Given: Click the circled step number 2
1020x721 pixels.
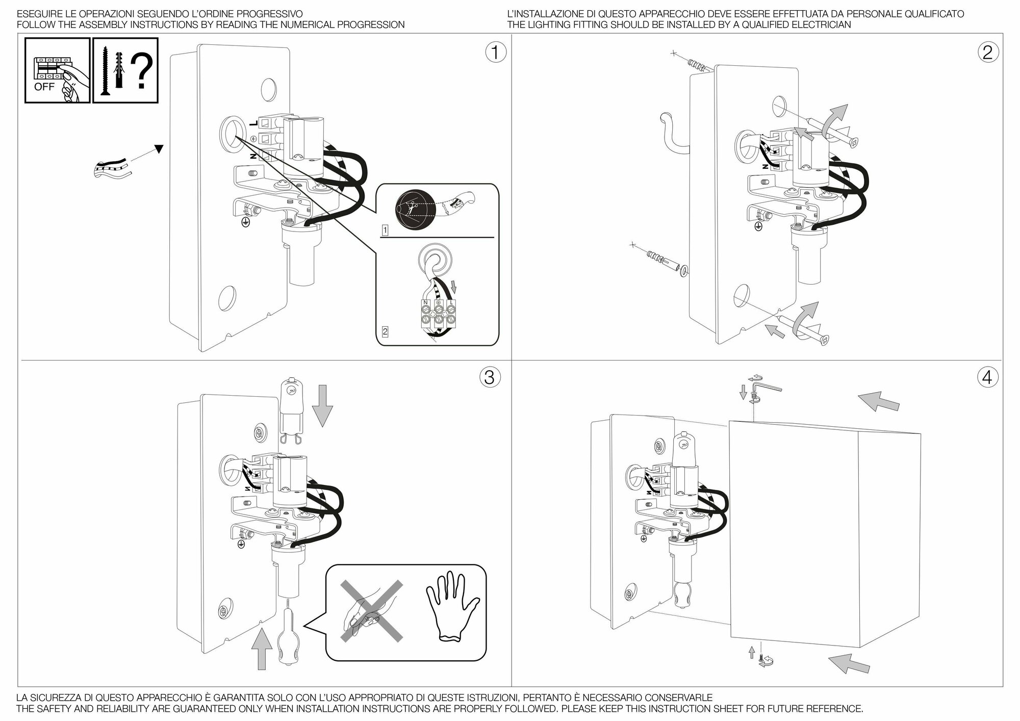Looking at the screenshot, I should pyautogui.click(x=987, y=53).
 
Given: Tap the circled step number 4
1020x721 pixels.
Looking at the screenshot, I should pyautogui.click(x=987, y=377).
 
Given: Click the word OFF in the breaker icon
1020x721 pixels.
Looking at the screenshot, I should pyautogui.click(x=44, y=87).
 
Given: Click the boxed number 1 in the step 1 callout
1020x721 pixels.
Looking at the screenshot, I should pyautogui.click(x=385, y=230).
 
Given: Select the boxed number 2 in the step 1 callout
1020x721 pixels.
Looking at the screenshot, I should pyautogui.click(x=385, y=332).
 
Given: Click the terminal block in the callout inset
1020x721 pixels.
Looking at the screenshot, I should pyautogui.click(x=438, y=314).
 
